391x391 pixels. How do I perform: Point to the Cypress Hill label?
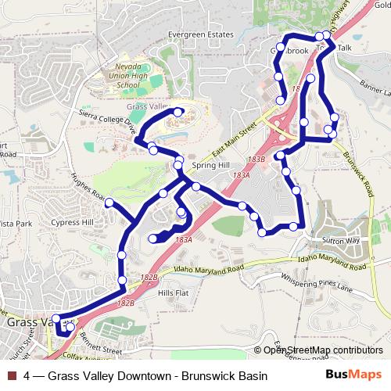(x=72, y=222)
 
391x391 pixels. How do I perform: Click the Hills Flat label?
(x=174, y=292)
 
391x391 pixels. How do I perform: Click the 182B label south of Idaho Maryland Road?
(x=125, y=303)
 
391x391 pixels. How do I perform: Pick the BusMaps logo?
(x=353, y=375)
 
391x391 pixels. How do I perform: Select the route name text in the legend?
(x=145, y=376)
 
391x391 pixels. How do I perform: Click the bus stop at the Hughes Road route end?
(x=109, y=203)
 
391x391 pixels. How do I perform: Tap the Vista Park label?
(x=16, y=223)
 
